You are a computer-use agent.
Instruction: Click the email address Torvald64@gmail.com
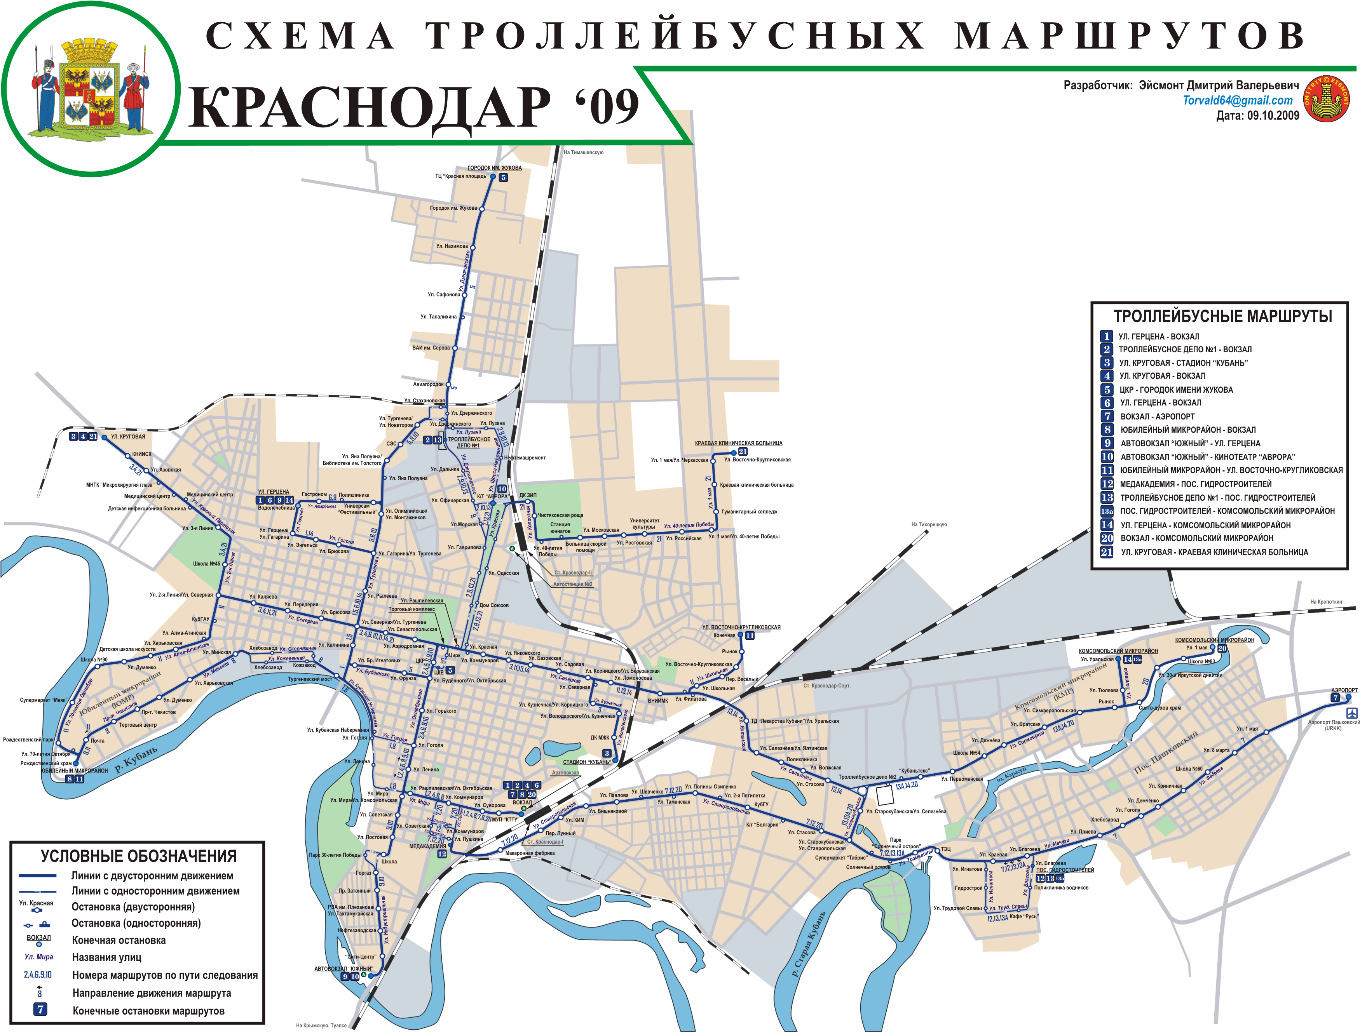click(x=1238, y=100)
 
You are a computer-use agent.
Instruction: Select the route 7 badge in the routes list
click(x=1107, y=416)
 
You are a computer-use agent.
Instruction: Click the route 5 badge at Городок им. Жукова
click(x=503, y=177)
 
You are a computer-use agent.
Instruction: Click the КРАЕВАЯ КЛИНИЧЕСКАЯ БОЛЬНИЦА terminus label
click(x=738, y=443)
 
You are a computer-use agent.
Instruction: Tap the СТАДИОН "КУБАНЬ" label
click(x=586, y=762)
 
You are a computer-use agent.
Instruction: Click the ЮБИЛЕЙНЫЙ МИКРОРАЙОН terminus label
click(x=74, y=770)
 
